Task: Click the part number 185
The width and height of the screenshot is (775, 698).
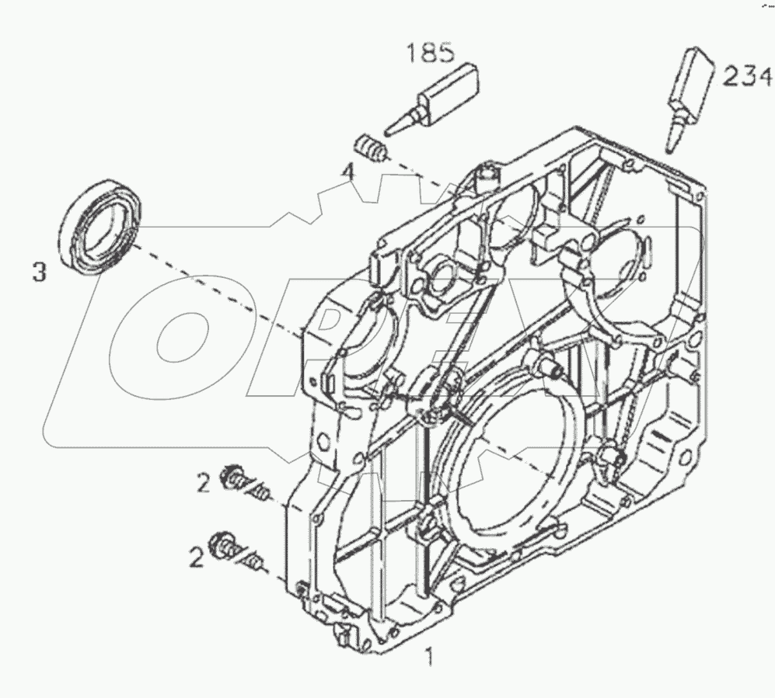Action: (429, 54)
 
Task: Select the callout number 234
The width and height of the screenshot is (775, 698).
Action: (747, 76)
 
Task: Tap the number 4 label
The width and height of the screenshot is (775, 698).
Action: (351, 173)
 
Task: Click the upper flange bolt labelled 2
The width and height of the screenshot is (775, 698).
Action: (237, 479)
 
